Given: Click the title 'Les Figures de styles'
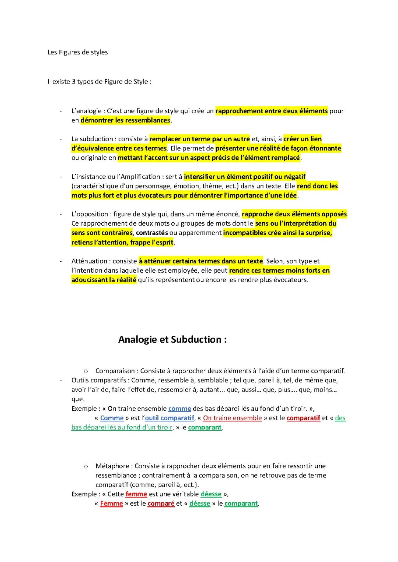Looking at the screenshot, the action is (x=77, y=52).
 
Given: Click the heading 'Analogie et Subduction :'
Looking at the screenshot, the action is (x=172, y=339).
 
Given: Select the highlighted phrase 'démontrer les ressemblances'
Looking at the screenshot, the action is (x=125, y=120).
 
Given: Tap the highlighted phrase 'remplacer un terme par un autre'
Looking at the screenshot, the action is (x=200, y=139).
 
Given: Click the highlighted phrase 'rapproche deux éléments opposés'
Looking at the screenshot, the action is (x=294, y=214).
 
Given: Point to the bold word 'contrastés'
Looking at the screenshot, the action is (x=152, y=233).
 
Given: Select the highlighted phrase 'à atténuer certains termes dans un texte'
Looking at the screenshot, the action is (x=201, y=261).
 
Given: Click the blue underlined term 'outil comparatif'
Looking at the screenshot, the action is (x=170, y=418).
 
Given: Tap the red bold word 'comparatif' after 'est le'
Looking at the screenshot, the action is (x=303, y=418).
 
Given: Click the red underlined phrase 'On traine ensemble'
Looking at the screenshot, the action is (x=233, y=418).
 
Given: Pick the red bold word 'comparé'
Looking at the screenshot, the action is (x=161, y=503).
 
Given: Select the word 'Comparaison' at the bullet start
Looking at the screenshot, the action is (x=116, y=371).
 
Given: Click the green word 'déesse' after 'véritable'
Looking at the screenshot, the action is (x=211, y=494).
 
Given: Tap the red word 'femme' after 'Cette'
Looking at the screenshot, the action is (x=136, y=494).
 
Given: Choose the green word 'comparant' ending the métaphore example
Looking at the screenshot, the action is (x=241, y=503).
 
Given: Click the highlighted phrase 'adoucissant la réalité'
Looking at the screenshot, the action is (x=104, y=280).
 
